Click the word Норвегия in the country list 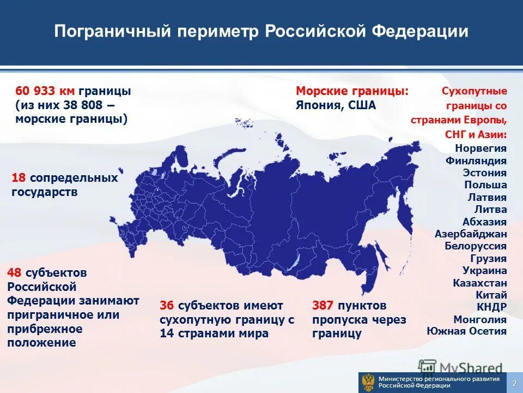481,148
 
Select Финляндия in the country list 476,161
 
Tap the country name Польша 485,185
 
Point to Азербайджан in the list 471,234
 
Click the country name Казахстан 480,283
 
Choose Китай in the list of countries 491,295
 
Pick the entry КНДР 492,307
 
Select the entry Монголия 480,320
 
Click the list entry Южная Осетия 466,331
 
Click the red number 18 19,178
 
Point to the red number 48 15,272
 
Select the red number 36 167,305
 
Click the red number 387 323,305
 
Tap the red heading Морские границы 352,91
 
